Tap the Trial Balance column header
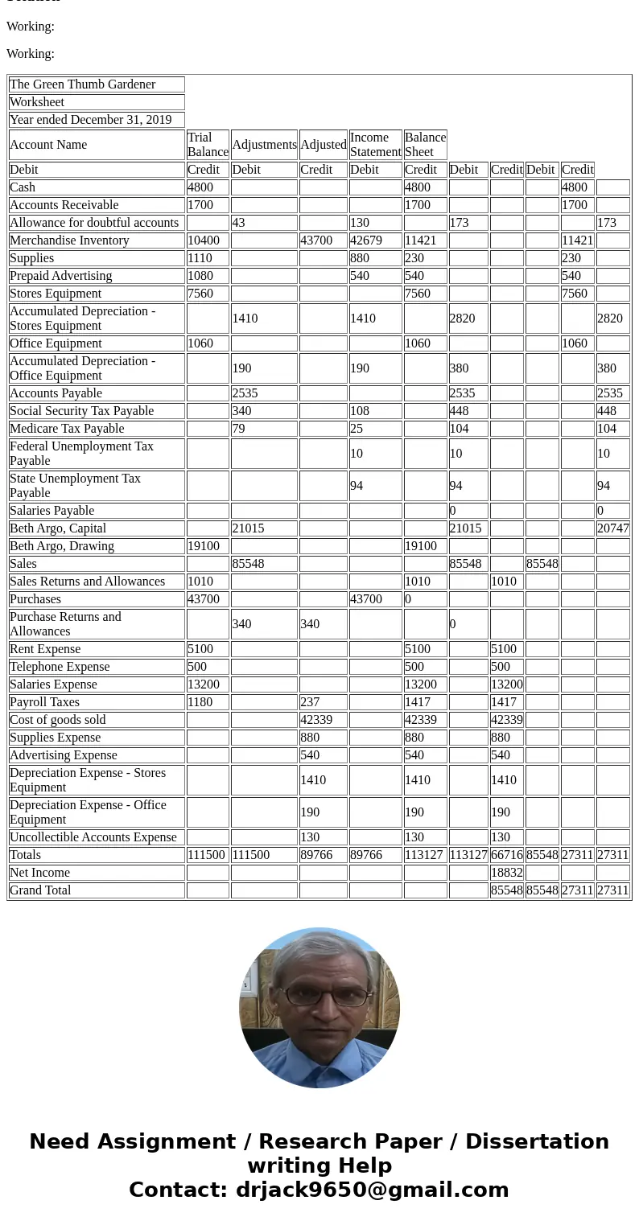208,145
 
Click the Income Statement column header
375,145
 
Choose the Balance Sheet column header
425,145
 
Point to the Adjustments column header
264,145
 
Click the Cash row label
23,187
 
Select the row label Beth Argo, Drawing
62,546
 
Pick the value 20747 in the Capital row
612,528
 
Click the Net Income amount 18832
507,873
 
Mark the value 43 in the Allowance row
238,223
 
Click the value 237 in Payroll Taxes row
310,702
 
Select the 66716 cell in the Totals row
507,855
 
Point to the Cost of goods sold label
58,720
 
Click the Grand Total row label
40,890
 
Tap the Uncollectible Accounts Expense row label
93,837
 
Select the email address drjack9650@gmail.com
372,1190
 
